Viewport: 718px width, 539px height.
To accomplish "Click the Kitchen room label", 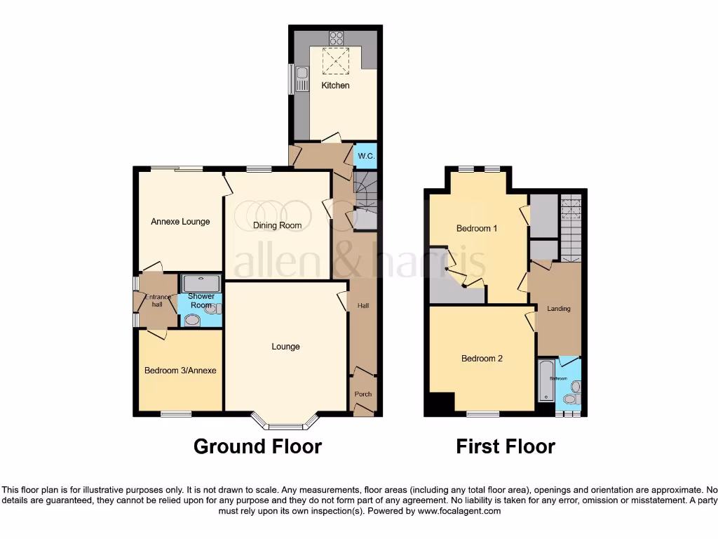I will pos(335,86).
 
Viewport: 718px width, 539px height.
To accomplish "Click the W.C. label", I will pos(365,156).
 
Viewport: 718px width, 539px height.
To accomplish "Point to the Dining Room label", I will pos(278,225).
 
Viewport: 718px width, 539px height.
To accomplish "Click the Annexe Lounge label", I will pos(180,222).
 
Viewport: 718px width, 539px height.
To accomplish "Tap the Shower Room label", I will pos(201,300).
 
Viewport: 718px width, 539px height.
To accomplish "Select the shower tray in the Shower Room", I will pos(201,284).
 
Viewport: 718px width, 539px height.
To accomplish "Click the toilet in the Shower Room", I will pos(192,320).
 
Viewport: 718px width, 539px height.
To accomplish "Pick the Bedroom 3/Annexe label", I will pos(180,371).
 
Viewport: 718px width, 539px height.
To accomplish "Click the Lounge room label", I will pos(286,347).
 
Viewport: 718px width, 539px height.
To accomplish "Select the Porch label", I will pos(363,394).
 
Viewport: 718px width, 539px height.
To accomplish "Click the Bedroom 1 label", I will pos(477,229).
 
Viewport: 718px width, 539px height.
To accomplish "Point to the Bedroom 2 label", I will pos(482,359).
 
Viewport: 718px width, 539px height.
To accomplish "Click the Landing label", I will pos(559,309).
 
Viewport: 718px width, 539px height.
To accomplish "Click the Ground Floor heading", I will pos(257,446).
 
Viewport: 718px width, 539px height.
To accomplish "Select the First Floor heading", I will pos(506,446).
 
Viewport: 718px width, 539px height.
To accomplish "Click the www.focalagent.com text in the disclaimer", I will pos(459,512).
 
